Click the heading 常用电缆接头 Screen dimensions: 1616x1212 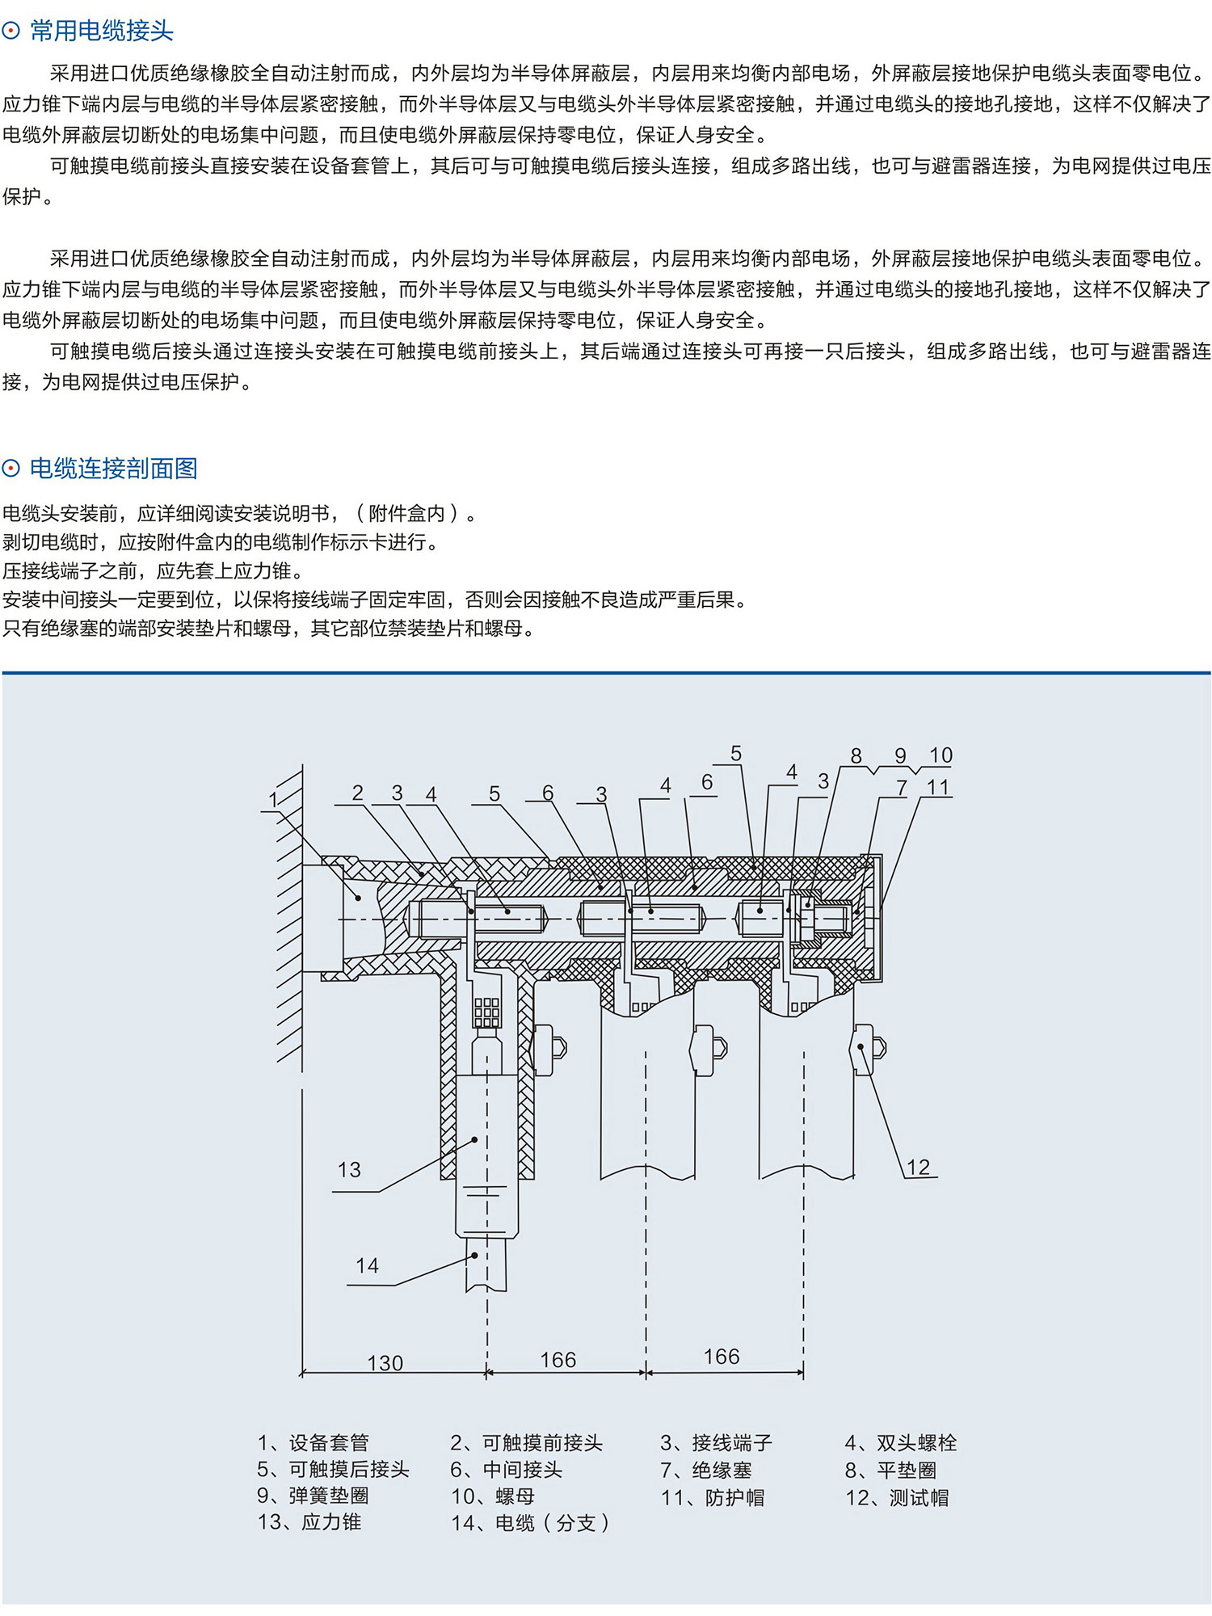click(101, 32)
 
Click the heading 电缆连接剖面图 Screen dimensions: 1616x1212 click(113, 469)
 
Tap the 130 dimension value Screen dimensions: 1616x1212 click(385, 1363)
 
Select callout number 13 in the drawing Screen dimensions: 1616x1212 click(349, 1169)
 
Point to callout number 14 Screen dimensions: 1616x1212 click(367, 1265)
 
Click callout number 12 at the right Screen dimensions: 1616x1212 click(919, 1167)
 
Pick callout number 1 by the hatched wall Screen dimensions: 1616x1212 click(273, 800)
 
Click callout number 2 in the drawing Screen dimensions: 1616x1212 click(358, 793)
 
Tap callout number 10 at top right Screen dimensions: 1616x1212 click(941, 755)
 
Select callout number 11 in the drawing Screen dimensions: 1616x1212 click(937, 787)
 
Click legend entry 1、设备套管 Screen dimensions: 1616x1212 click(313, 1442)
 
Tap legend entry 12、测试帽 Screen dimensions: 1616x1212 click(897, 1497)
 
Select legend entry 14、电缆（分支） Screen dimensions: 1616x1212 click(530, 1523)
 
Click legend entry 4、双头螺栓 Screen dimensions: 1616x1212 click(900, 1442)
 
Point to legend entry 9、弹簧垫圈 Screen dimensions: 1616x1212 click(313, 1496)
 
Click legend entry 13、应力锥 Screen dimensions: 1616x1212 click(309, 1522)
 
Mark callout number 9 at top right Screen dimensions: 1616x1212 click(900, 755)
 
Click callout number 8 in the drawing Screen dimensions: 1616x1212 click(856, 755)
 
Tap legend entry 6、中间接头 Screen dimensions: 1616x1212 click(506, 1470)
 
